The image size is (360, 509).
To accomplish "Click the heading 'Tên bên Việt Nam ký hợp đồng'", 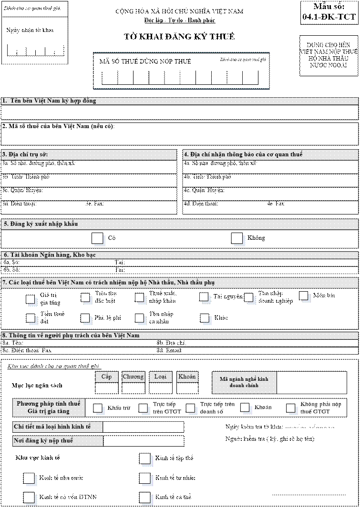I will (51, 101).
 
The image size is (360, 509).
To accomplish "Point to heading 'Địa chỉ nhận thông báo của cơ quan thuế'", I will (243, 154).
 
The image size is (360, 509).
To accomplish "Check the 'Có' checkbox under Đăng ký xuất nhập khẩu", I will (97, 238).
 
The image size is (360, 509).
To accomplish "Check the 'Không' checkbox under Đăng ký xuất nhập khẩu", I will (237, 238).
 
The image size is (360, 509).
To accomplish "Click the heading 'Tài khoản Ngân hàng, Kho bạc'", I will (50, 255).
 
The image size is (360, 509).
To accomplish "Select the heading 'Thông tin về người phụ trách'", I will (72, 336).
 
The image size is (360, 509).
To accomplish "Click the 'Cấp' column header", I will (106, 377).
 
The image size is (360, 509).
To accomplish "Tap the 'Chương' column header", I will (134, 377).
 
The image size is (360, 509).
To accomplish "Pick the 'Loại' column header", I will (160, 377).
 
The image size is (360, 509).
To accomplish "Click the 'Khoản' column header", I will (187, 377).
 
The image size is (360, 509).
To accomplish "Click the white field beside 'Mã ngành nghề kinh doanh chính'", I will (312, 383).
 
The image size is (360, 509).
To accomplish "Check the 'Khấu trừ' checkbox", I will (98, 407).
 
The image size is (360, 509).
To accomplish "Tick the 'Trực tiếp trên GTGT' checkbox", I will (143, 407).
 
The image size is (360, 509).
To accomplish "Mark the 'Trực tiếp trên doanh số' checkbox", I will (191, 407).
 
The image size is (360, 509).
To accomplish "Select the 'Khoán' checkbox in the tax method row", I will (245, 407).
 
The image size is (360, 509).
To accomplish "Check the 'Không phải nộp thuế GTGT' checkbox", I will (291, 407).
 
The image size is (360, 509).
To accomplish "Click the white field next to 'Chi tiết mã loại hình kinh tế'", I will (143, 427).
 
